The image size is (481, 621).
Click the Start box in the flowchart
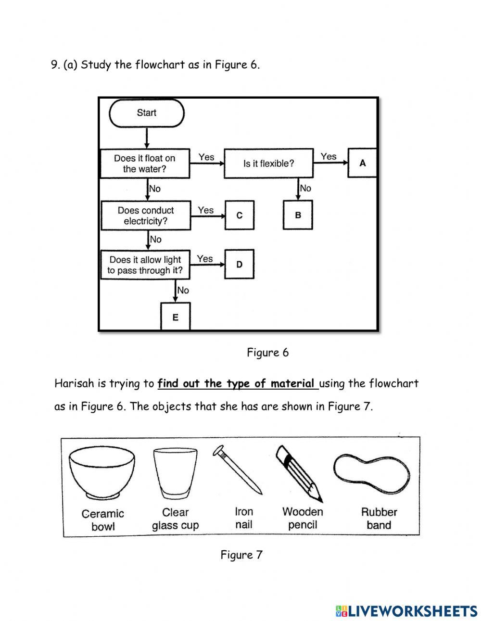147,114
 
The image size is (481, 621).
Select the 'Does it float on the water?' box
144,164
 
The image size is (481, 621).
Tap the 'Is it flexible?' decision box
268,164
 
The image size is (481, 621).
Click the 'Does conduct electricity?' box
145,215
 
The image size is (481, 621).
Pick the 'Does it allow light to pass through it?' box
145,265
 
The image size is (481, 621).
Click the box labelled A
362,163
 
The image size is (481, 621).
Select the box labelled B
298,215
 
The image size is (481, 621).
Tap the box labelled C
240,215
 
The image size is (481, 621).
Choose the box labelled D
239,264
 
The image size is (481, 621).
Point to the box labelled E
175,317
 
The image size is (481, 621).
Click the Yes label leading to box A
329,156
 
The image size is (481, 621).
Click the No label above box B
305,188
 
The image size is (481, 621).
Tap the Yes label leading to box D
205,259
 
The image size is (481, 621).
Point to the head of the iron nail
219,451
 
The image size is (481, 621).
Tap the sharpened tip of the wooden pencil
319,498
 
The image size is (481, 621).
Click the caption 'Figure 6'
268,353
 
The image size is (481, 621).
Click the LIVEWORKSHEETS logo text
412,611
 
